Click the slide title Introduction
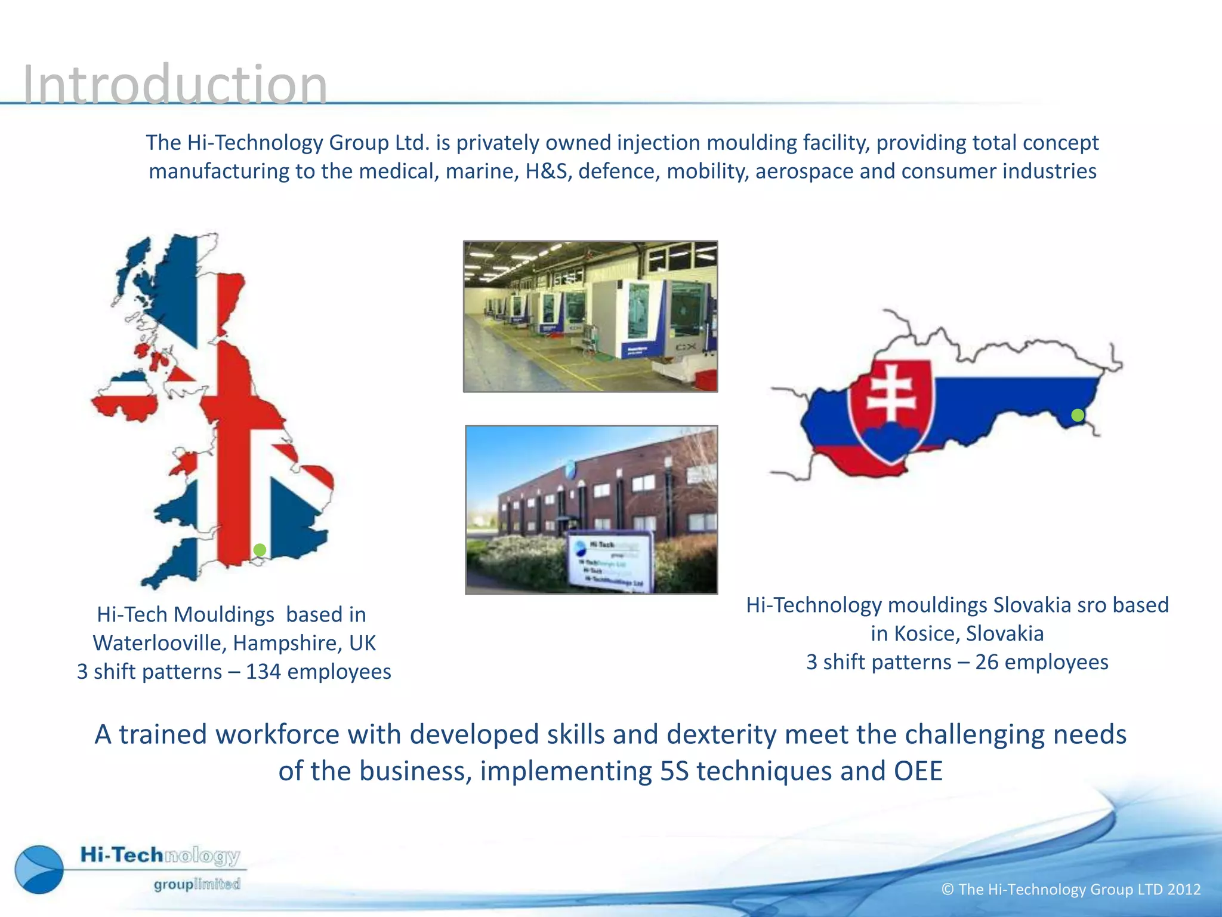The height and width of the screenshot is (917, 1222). (174, 85)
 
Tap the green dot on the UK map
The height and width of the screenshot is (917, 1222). (260, 550)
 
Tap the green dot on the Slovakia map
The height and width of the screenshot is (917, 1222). (1078, 416)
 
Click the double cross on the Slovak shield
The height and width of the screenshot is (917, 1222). (891, 394)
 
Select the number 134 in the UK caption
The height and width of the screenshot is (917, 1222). (263, 672)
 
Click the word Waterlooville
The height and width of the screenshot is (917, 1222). (159, 643)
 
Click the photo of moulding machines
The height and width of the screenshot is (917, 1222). (590, 316)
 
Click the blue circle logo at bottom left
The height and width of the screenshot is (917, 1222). (39, 869)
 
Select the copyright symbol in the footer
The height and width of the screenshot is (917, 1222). (948, 890)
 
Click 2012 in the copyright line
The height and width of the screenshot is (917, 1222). (1184, 890)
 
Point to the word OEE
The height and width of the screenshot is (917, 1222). (918, 771)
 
